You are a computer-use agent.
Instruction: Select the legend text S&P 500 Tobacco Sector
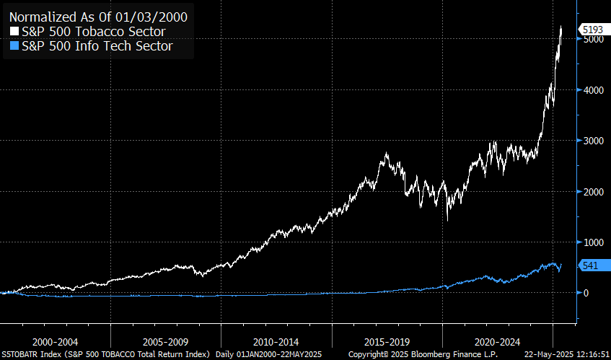94,32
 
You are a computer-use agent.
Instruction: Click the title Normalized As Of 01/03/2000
98,16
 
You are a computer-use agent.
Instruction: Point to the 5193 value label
593,29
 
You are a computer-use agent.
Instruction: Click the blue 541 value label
590,265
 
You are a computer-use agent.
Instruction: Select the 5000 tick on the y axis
593,40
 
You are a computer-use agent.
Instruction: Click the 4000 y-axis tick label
593,90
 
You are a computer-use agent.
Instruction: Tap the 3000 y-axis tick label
593,141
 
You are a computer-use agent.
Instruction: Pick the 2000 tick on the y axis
593,192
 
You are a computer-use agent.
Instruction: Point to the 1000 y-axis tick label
593,242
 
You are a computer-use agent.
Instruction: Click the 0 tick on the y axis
586,293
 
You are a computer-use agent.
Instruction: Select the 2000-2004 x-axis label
55,341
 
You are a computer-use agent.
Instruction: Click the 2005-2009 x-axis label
166,341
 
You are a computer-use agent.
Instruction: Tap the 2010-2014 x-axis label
276,341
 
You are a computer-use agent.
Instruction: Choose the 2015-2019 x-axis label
387,341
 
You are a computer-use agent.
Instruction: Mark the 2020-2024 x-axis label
497,341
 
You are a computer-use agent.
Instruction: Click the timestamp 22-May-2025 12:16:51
565,354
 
